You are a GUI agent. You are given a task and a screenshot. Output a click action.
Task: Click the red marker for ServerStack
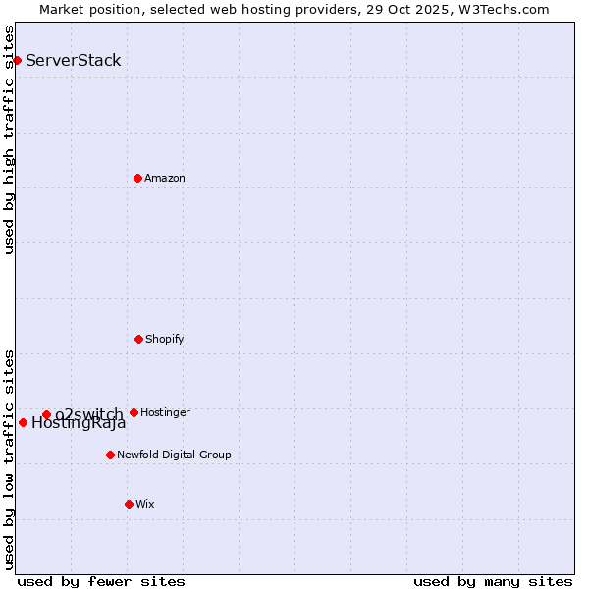(17, 60)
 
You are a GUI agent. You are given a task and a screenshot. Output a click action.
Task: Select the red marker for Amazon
(137, 178)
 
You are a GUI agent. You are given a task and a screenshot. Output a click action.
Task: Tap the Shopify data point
(138, 339)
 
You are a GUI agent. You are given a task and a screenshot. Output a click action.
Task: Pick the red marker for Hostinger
(134, 412)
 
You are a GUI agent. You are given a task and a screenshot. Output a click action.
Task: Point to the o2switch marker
(46, 414)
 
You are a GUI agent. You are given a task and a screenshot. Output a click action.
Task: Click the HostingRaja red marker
(23, 422)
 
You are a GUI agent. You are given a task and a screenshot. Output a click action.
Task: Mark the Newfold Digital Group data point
(110, 455)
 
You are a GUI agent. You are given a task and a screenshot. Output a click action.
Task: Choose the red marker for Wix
(129, 504)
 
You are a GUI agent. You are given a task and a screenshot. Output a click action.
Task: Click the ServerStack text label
(74, 60)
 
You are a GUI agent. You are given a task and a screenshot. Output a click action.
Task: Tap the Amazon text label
(165, 178)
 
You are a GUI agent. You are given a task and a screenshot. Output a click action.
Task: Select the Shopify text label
(165, 339)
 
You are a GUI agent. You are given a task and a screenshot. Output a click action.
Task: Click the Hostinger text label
(165, 412)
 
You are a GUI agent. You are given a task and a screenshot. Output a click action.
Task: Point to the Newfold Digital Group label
(174, 455)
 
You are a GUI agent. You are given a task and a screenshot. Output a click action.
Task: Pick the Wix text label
(145, 504)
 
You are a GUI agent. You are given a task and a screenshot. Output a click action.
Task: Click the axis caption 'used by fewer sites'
(101, 581)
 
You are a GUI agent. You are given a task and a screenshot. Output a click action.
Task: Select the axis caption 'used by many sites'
(493, 581)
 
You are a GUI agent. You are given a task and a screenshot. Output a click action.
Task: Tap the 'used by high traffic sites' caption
(10, 139)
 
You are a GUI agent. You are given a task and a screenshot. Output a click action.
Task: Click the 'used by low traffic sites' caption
(10, 459)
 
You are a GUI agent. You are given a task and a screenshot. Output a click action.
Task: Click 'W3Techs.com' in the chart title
(508, 9)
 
